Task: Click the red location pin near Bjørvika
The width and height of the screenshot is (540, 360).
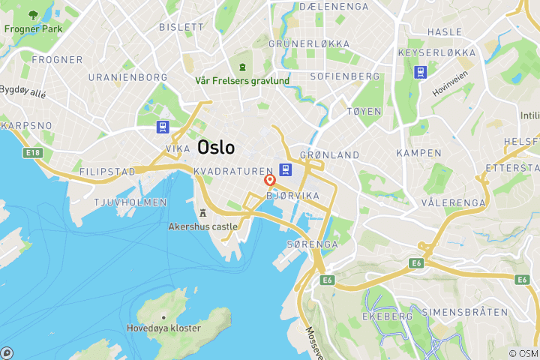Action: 270,181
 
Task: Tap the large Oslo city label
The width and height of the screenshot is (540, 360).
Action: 216,148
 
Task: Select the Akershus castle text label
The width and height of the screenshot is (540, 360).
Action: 204,226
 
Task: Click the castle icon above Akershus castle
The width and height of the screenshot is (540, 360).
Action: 202,212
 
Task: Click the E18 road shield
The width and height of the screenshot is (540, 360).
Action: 32,152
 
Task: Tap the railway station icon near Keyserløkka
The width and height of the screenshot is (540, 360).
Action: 421,72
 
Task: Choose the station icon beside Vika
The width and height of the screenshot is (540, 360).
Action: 162,128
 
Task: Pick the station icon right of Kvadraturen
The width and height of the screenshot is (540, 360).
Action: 286,170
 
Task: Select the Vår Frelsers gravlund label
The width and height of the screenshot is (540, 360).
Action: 242,80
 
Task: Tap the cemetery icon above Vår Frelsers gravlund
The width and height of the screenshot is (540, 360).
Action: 242,67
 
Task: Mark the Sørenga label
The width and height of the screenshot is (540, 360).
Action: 312,244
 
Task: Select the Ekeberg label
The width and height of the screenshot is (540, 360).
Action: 392,316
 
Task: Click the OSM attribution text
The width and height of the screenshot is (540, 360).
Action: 523,353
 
